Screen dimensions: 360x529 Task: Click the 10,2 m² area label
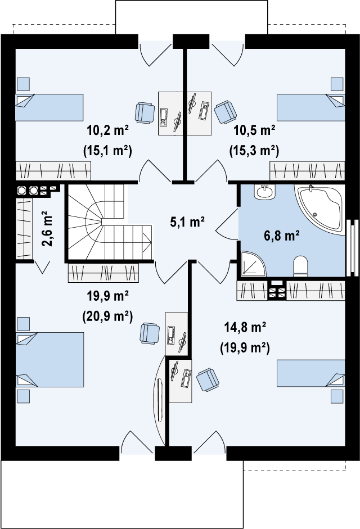[x=108, y=130]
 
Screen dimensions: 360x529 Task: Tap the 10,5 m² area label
[x=255, y=130]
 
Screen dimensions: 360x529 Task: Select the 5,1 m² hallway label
[x=188, y=222]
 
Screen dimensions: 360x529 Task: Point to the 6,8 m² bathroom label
[x=282, y=235]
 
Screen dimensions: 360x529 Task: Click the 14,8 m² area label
[x=245, y=327]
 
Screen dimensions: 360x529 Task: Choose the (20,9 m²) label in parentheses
[x=107, y=316]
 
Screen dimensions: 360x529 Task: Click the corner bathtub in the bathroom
[x=320, y=209]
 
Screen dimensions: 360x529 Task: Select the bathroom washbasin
[x=265, y=192]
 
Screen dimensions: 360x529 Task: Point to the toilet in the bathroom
[x=300, y=266]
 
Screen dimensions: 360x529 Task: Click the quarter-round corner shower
[x=253, y=264]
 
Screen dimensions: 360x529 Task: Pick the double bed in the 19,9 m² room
[x=49, y=360]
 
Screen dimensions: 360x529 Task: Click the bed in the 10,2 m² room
[x=49, y=107]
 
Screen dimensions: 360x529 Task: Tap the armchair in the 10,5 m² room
[x=225, y=112]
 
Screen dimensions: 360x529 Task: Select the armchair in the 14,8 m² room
[x=208, y=380]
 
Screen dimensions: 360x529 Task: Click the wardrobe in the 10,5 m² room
[x=307, y=171]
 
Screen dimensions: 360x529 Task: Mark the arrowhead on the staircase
[x=147, y=242]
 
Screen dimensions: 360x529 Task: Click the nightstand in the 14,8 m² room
[x=337, y=396]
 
